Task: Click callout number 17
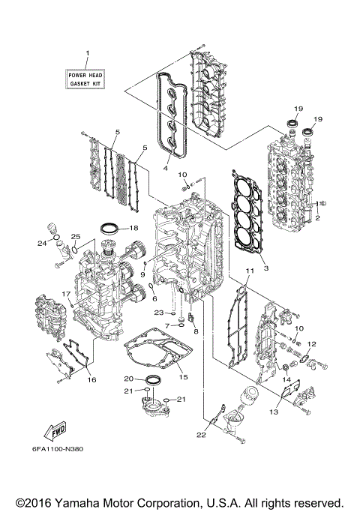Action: point(65,294)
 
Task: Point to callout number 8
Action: point(196,331)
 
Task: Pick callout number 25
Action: point(76,238)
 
